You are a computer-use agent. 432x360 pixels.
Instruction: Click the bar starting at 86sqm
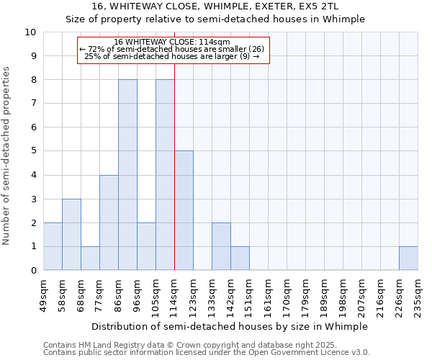127,175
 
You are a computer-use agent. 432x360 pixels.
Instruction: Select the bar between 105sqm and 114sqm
165,175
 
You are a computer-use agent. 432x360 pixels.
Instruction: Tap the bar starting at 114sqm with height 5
184,210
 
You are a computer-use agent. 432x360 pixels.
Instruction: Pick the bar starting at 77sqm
109,222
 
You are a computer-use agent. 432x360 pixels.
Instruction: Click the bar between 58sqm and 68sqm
71,234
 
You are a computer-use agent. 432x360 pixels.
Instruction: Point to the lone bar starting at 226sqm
408,258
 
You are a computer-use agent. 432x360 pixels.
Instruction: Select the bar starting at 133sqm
221,246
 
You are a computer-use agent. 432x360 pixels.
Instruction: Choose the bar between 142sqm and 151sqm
240,258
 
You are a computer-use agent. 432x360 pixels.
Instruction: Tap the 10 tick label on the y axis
30,32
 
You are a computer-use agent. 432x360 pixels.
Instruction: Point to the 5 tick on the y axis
33,151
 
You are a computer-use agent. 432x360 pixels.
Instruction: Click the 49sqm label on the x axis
43,294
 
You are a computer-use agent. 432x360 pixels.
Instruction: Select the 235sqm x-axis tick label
418,294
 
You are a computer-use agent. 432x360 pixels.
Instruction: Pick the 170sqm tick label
287,294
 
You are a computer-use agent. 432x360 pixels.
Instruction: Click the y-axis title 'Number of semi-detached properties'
7,156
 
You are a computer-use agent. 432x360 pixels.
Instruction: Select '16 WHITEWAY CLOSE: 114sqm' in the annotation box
172,42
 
